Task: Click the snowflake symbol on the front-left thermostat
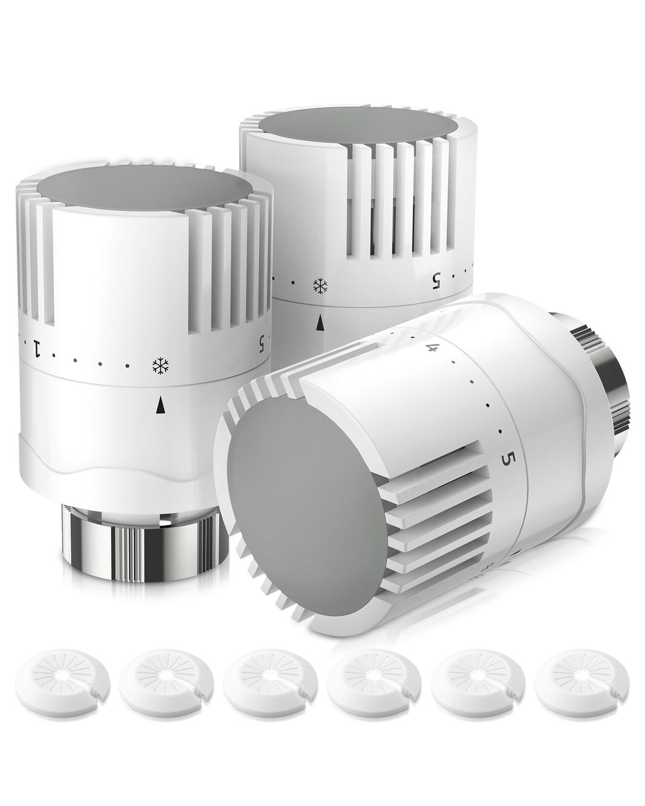tap(159, 365)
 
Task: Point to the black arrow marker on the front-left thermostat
tap(159, 405)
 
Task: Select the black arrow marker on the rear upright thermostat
tap(321, 323)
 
